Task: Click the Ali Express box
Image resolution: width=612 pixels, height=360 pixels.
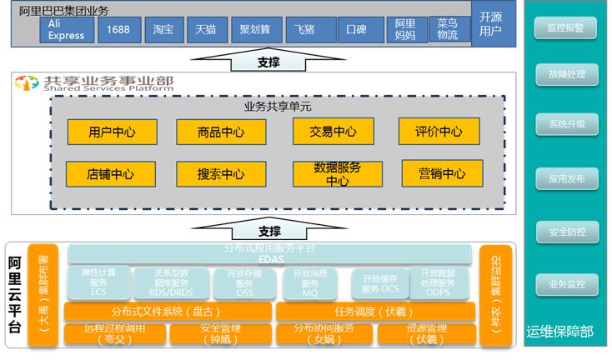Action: (67, 31)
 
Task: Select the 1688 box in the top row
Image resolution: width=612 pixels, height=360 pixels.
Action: (119, 31)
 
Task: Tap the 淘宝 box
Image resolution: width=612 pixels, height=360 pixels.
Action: (164, 31)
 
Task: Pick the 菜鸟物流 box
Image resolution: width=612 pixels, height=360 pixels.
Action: (448, 30)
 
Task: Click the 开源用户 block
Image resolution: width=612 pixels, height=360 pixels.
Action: (492, 25)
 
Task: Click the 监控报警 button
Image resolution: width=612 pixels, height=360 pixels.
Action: (567, 28)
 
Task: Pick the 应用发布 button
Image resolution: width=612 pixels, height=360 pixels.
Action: (567, 178)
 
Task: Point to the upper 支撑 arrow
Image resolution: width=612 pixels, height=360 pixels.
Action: (268, 62)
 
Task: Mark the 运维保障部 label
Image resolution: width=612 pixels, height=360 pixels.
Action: (560, 332)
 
